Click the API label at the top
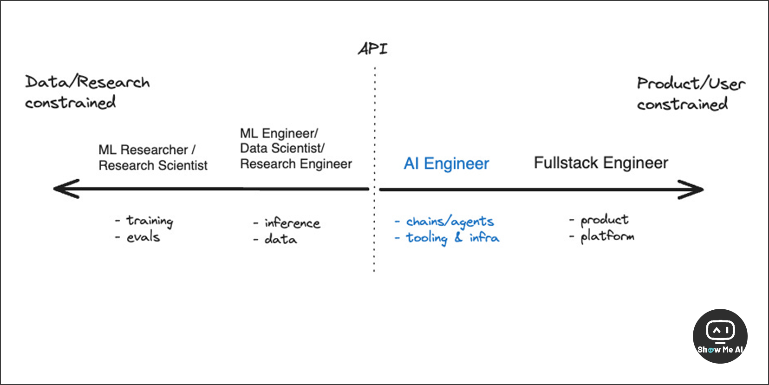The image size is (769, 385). click(x=372, y=49)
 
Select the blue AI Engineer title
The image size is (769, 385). click(x=446, y=163)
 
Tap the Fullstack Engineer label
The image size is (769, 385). click(x=600, y=163)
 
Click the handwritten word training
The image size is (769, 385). click(x=150, y=221)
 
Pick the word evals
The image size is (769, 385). click(x=143, y=237)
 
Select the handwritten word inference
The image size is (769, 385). click(x=292, y=223)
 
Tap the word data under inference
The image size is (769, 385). click(x=280, y=239)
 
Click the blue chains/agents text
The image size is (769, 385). click(x=450, y=222)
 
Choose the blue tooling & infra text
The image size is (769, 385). click(x=452, y=238)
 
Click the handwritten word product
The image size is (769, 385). click(x=604, y=220)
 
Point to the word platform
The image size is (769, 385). click(x=607, y=236)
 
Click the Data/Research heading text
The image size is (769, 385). click(x=87, y=82)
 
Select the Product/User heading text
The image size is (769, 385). click(x=691, y=84)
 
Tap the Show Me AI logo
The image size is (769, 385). click(x=720, y=336)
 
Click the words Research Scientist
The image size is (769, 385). click(x=153, y=165)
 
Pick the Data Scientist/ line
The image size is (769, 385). click(x=282, y=148)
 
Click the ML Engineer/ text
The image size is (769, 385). click(x=279, y=133)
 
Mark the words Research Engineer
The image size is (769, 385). click(x=296, y=164)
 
